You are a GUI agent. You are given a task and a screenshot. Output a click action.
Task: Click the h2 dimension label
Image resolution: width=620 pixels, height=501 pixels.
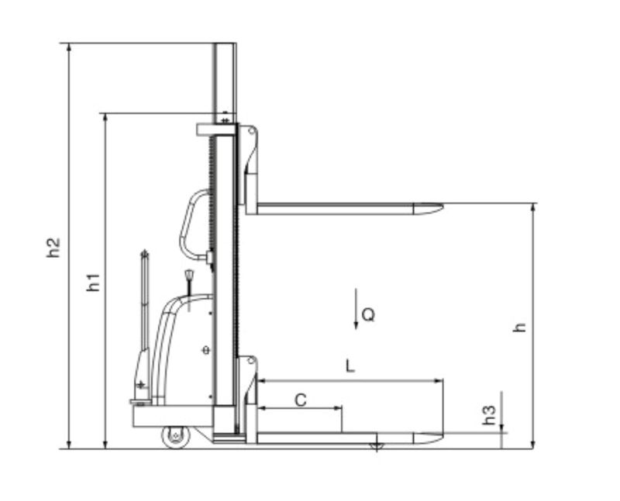click(53, 247)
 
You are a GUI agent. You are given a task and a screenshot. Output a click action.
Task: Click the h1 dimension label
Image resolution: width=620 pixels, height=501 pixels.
click(93, 282)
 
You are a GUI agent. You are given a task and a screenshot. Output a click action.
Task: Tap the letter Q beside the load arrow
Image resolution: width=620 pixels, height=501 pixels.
click(369, 315)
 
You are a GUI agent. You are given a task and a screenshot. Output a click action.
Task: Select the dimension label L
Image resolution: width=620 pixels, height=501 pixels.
click(350, 365)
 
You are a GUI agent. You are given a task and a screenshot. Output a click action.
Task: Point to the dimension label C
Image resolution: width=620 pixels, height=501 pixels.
click(301, 400)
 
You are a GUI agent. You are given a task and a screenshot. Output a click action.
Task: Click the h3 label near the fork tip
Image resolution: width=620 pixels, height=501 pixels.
click(489, 415)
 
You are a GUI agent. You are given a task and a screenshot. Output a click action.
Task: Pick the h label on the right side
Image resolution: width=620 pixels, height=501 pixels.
click(519, 327)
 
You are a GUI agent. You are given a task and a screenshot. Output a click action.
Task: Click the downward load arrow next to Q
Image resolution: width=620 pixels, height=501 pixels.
click(356, 309)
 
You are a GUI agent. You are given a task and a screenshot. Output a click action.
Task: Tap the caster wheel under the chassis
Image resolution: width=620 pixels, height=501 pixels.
click(176, 437)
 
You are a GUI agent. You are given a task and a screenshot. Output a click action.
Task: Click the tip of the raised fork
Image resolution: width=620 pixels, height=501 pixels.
click(443, 206)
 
